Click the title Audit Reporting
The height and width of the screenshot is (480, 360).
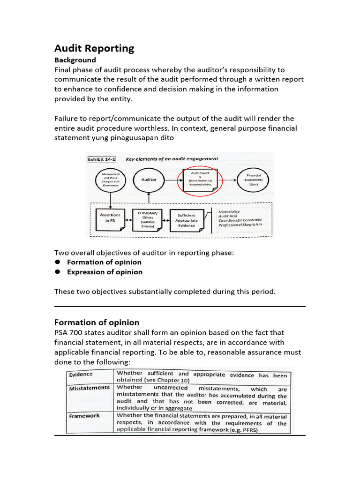(94, 48)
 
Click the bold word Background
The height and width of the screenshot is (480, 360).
(75, 60)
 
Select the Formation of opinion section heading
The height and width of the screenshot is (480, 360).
(97, 322)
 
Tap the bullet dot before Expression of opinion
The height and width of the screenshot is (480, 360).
(58, 272)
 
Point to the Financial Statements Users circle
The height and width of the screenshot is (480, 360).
(254, 180)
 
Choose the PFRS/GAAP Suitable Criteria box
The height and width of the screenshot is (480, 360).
(148, 218)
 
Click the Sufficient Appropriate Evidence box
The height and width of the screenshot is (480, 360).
(186, 218)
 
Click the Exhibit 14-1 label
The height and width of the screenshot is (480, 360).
(102, 159)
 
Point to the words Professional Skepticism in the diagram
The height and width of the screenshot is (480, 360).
(240, 225)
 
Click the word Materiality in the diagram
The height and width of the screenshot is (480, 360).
(229, 211)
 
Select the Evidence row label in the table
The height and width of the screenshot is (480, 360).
(81, 375)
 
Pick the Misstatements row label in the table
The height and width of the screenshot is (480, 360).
(89, 388)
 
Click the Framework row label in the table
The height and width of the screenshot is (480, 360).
(84, 415)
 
